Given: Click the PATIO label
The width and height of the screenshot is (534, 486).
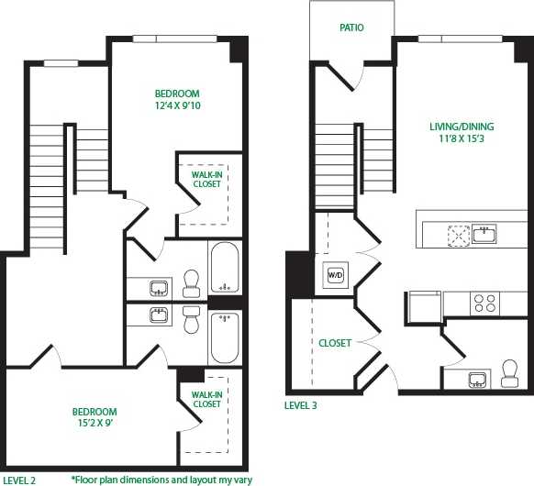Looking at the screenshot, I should (x=351, y=28).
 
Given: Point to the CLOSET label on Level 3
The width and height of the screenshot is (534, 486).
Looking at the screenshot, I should (x=335, y=343).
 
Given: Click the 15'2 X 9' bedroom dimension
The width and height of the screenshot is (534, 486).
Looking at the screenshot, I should (x=95, y=425).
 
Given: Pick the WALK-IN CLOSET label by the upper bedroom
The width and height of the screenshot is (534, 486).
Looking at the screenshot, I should (x=206, y=179).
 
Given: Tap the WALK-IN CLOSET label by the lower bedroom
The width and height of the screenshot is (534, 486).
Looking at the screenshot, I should (x=206, y=399).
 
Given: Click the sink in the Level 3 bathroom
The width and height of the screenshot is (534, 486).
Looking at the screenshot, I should (x=478, y=380).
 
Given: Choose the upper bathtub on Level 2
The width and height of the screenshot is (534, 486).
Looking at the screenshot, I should (x=224, y=268).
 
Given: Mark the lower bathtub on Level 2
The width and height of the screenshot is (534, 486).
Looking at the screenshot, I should (x=224, y=337).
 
